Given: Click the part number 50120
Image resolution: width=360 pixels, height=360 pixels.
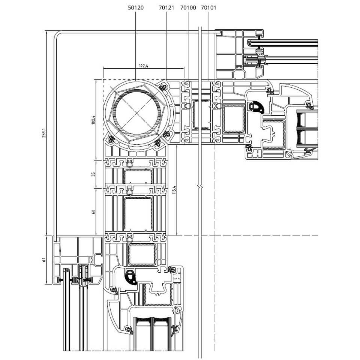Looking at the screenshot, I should click(x=135, y=7).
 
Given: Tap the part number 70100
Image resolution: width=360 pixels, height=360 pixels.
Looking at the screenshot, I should click(x=188, y=7).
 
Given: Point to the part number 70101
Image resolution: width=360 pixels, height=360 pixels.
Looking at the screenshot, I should click(x=208, y=7).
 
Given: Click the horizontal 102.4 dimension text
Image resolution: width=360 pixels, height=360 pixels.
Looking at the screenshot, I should click(x=144, y=66).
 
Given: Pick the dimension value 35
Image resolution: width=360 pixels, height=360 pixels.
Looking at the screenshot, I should click(x=94, y=174).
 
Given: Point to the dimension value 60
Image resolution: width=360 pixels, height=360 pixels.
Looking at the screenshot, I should click(x=94, y=212).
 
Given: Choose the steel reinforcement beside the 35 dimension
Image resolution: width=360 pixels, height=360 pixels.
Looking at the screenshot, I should click(x=138, y=177).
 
